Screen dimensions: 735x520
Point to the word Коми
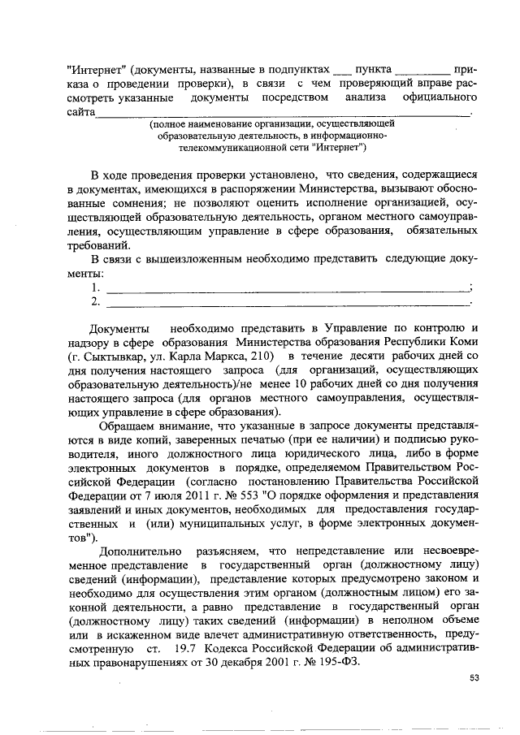click(461, 343)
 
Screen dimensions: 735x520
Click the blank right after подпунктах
click(344, 70)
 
